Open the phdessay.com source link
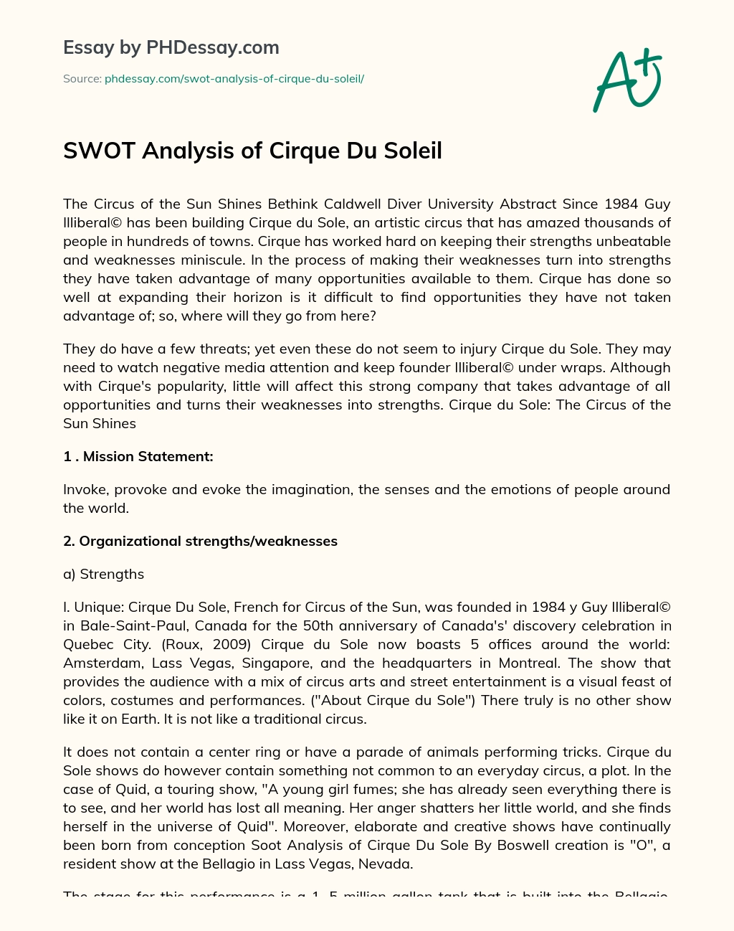pos(234,79)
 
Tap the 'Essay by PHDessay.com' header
pos(171,48)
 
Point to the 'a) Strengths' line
pos(104,574)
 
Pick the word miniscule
pos(224,260)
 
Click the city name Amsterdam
pos(102,663)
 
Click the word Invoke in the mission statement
pos(83,489)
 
